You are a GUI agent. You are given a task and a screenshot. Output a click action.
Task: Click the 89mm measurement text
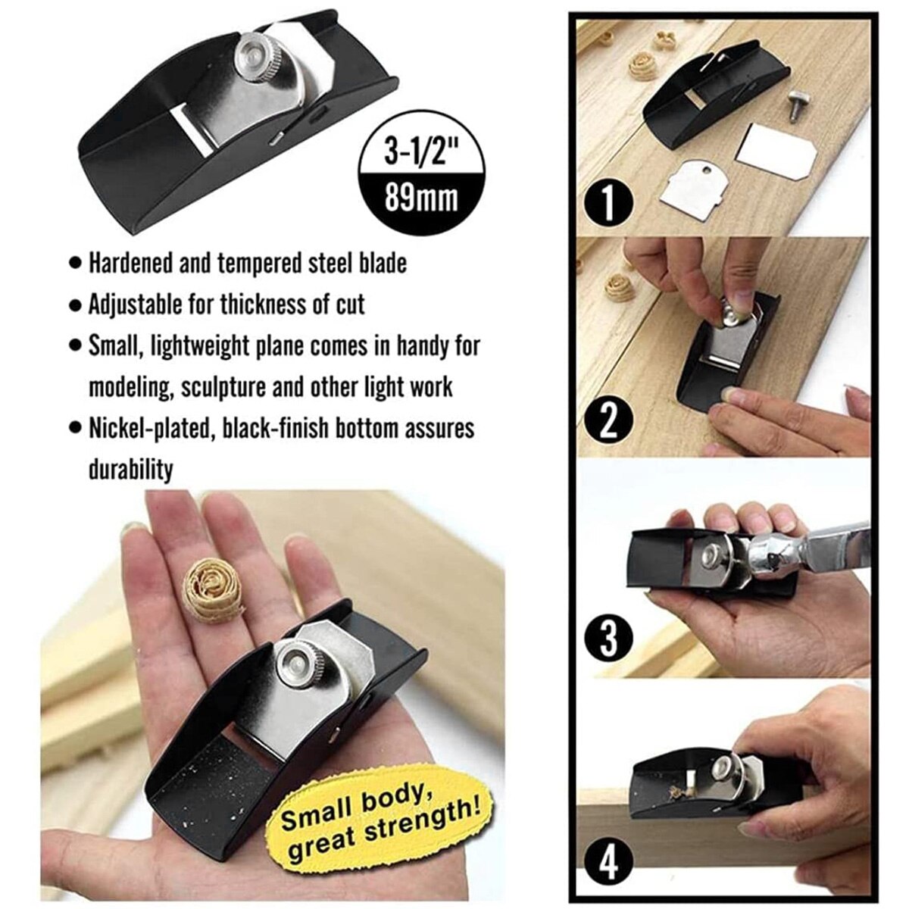422,199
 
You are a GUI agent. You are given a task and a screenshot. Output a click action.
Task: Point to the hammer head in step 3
773,565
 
